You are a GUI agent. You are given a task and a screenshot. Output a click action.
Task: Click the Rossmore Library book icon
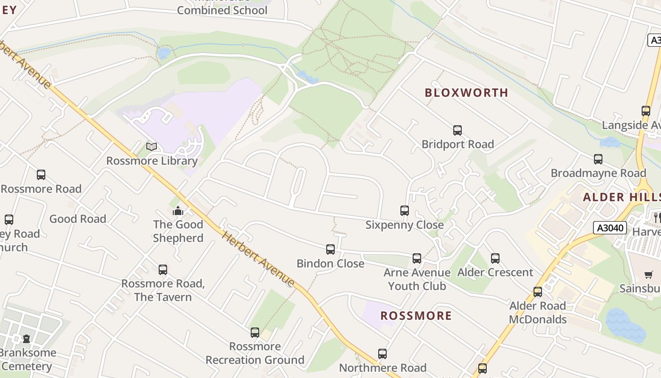pyautogui.click(x=152, y=147)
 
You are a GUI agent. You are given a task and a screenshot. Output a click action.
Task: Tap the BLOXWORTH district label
pyautogui.click(x=466, y=93)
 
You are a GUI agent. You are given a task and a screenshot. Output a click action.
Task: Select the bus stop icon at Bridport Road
pyautogui.click(x=457, y=130)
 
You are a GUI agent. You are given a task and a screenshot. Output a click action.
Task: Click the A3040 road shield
pyautogui.click(x=610, y=228)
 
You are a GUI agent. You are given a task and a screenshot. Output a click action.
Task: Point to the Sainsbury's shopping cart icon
pyautogui.click(x=649, y=275)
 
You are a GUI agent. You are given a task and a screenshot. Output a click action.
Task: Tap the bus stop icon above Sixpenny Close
pyautogui.click(x=405, y=211)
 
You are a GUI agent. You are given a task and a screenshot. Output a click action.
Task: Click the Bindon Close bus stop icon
pyautogui.click(x=330, y=249)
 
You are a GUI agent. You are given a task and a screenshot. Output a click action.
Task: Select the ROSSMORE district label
pyautogui.click(x=416, y=316)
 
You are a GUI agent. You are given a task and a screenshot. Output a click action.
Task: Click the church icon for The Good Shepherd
pyautogui.click(x=178, y=211)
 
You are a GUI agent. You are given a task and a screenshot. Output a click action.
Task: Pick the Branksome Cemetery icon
pyautogui.click(x=26, y=339)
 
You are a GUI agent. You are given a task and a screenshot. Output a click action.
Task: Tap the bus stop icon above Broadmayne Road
pyautogui.click(x=598, y=159)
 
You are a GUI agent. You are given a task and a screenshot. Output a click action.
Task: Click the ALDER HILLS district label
pyautogui.click(x=621, y=197)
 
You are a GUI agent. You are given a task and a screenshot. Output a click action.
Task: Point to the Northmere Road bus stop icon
pyautogui.click(x=382, y=354)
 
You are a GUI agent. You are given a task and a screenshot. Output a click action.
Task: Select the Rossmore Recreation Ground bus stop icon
pyautogui.click(x=255, y=333)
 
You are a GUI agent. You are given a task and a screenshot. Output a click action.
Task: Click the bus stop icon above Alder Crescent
pyautogui.click(x=495, y=258)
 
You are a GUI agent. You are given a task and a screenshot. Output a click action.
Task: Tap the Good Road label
pyautogui.click(x=78, y=219)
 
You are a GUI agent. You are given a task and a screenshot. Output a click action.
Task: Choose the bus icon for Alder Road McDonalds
pyautogui.click(x=538, y=292)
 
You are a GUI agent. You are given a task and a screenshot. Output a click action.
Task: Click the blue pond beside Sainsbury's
pyautogui.click(x=626, y=325)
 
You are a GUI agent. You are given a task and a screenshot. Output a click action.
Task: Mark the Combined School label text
pyautogui.click(x=222, y=10)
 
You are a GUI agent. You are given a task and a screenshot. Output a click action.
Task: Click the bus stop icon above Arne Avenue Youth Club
pyautogui.click(x=416, y=258)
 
